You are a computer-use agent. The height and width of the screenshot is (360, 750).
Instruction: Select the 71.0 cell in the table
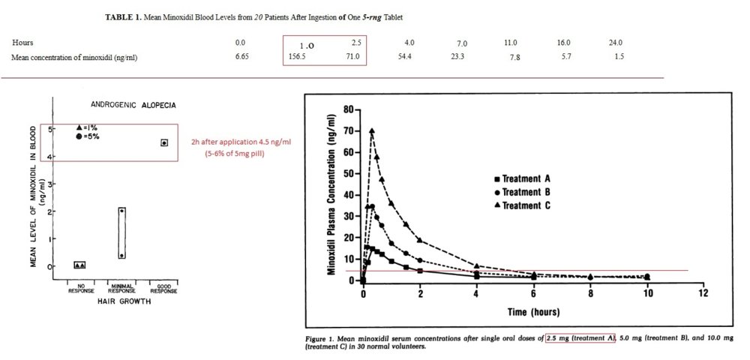352,57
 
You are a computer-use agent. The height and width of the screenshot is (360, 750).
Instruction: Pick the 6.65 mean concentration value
241,57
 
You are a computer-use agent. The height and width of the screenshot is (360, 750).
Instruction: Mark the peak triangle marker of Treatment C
371,130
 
